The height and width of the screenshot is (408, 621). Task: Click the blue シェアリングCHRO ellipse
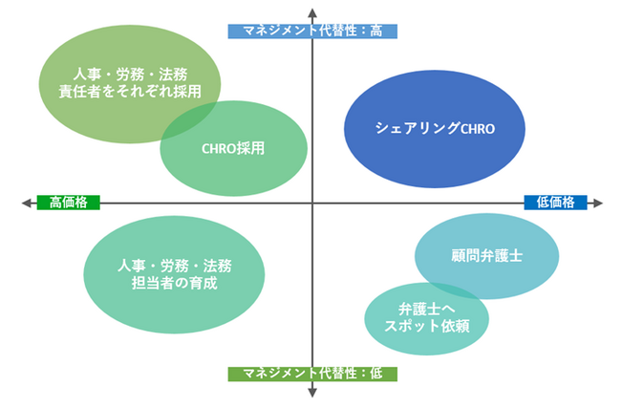point(435,129)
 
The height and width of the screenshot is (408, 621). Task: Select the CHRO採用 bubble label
point(233,148)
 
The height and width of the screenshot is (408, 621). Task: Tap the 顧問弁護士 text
point(486,255)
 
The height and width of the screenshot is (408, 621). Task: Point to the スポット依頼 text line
point(427,326)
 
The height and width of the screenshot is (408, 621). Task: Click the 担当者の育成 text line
point(174,283)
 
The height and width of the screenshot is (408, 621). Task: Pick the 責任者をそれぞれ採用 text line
point(130,92)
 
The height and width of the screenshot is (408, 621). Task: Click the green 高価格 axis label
point(68,203)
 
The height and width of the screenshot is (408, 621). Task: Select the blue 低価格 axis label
point(555,203)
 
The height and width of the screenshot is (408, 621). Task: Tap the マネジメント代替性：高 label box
point(312,32)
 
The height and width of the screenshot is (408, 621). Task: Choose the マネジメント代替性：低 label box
point(312,374)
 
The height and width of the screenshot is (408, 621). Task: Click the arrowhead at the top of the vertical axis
point(312,12)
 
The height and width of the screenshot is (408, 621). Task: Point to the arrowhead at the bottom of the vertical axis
point(312,393)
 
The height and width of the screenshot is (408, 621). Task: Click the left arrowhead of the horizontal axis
point(26,204)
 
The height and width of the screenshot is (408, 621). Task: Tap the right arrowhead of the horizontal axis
point(598,204)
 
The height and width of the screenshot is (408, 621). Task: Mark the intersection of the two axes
point(312,204)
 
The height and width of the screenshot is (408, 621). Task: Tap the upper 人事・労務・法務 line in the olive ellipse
point(130,75)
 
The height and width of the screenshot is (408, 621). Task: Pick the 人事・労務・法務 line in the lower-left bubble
point(174,266)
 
